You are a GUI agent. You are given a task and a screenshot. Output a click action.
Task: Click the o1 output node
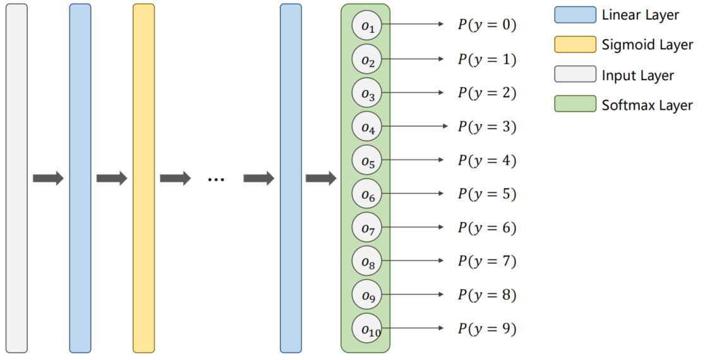click(x=367, y=26)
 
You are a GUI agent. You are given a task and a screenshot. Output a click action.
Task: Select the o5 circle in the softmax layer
click(x=367, y=160)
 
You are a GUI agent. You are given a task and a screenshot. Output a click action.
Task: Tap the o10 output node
click(x=367, y=328)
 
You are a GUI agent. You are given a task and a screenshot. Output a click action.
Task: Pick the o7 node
click(x=367, y=227)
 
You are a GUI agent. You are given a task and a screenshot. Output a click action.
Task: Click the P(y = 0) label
click(x=487, y=25)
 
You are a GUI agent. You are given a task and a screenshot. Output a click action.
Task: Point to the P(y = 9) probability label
click(x=487, y=328)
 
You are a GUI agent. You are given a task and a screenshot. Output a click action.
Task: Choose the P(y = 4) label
click(x=487, y=160)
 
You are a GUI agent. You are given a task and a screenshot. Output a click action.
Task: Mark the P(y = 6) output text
click(x=487, y=227)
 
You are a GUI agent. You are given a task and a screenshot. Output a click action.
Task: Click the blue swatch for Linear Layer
click(x=575, y=15)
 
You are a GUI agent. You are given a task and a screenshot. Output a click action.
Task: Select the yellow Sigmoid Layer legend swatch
click(x=575, y=44)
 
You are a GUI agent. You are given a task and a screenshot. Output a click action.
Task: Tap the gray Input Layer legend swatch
click(x=575, y=75)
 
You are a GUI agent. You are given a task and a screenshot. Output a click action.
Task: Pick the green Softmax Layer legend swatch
click(x=575, y=104)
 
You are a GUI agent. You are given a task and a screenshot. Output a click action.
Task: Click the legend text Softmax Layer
click(x=647, y=105)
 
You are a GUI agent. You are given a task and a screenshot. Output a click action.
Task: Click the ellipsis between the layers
click(x=216, y=179)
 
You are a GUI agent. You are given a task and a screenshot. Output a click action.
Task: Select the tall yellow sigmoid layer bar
click(x=143, y=178)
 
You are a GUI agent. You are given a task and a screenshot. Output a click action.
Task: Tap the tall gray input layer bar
click(x=17, y=178)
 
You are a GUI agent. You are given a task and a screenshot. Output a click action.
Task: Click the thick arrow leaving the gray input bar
click(x=49, y=179)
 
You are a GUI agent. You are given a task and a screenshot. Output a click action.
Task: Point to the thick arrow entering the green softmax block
click(x=321, y=179)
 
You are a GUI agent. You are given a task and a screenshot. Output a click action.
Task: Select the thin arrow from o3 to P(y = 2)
click(x=414, y=93)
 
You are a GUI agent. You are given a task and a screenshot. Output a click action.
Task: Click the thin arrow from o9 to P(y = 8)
click(x=414, y=295)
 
